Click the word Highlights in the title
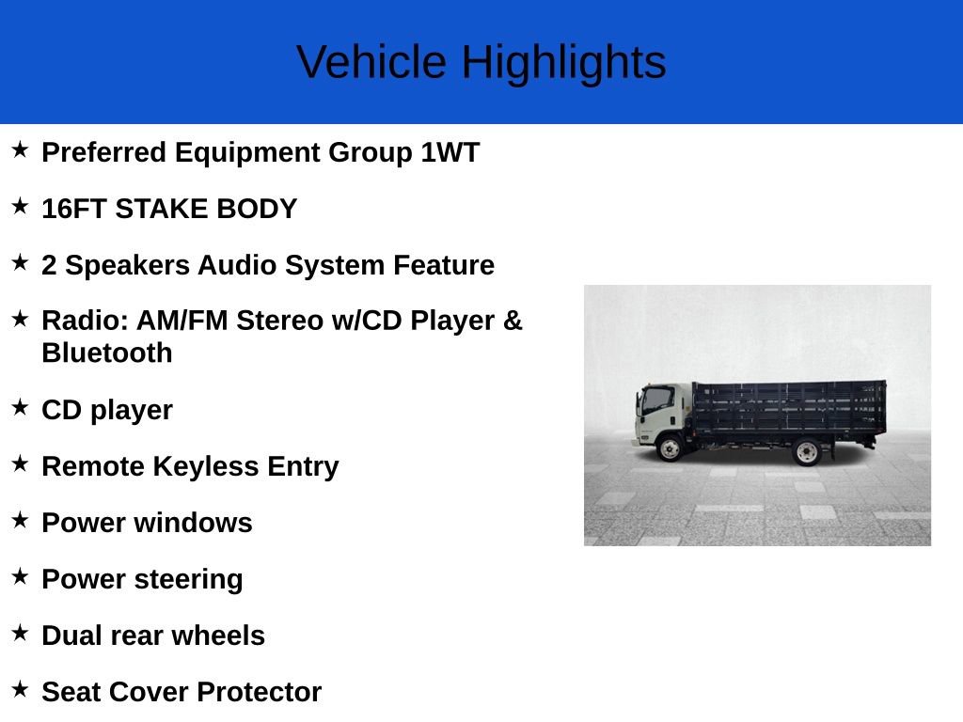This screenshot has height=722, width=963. [563, 63]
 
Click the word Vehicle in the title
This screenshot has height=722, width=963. [371, 63]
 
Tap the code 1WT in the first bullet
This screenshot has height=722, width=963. [450, 152]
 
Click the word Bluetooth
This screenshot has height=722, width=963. [107, 353]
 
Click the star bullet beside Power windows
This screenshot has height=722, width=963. [20, 520]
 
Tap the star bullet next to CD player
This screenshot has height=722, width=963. [20, 407]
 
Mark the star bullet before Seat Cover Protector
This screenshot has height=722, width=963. [20, 689]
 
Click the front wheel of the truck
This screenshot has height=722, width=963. [669, 447]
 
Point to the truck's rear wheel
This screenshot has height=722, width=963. [807, 451]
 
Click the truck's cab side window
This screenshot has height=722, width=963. [656, 401]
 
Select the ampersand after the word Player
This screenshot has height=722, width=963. [513, 321]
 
